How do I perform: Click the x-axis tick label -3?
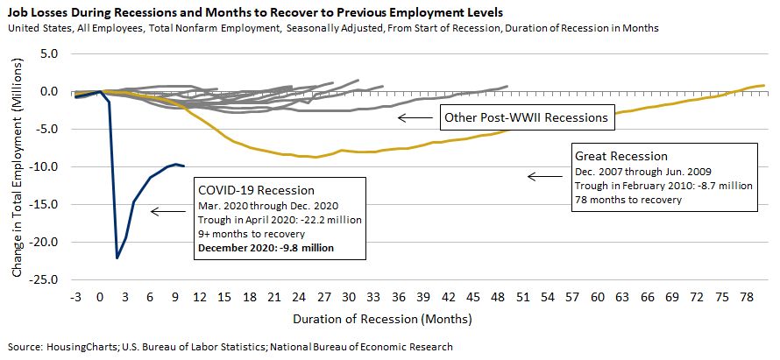click(75, 296)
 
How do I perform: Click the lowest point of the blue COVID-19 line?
click(117, 258)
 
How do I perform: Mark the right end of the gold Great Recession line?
click(764, 86)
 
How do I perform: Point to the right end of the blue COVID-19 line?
click(183, 166)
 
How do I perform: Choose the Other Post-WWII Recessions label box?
click(525, 117)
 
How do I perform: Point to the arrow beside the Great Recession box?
click(542, 177)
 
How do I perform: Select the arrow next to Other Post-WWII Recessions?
click(413, 117)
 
